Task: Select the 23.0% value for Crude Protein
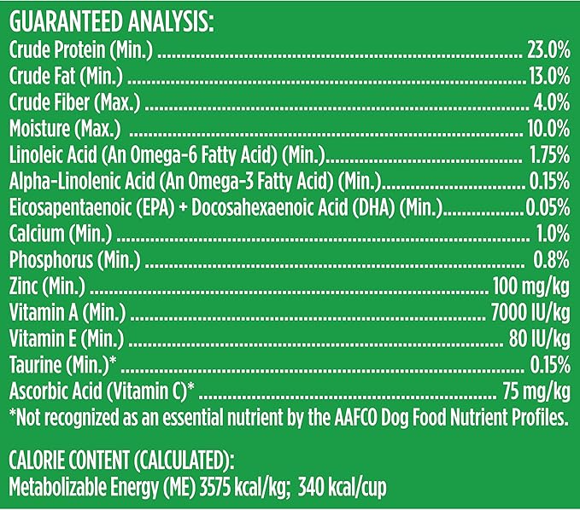[548, 54]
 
